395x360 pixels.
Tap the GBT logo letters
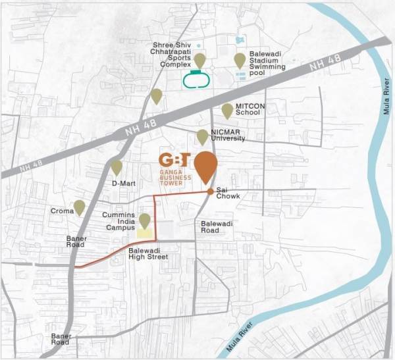click(175, 161)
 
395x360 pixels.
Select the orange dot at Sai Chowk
click(210, 192)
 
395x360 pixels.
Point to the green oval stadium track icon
click(196, 80)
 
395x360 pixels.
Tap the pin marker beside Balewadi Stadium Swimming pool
click(240, 61)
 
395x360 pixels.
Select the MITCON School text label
click(248, 109)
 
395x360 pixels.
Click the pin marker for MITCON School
click(227, 111)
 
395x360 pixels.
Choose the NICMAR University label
click(228, 135)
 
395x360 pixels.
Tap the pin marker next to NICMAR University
click(202, 137)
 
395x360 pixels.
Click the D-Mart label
click(123, 182)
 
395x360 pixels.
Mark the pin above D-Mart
click(117, 167)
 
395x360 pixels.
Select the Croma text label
click(61, 211)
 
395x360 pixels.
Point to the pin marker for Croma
click(79, 208)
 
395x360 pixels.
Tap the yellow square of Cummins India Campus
click(144, 232)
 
